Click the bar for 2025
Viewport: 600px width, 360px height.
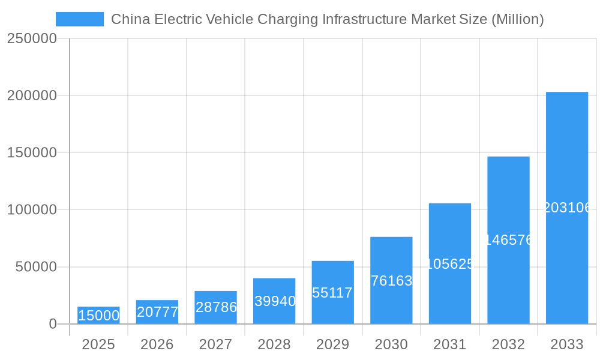pos(98,316)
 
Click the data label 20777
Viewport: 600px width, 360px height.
pos(157,312)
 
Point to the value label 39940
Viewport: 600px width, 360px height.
pos(275,301)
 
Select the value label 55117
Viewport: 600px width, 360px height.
pos(332,293)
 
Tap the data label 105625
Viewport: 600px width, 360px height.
pos(450,264)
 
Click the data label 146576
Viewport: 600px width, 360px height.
pos(509,240)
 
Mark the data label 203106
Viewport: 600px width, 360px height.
pos(567,208)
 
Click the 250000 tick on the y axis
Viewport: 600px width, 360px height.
pos(32,38)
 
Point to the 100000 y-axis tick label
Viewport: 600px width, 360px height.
pos(32,210)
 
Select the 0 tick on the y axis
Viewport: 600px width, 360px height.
pos(52,324)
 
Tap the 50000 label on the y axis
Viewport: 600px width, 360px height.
pos(36,267)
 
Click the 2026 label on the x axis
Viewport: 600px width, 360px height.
pos(157,344)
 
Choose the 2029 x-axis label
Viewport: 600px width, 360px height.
pos(332,344)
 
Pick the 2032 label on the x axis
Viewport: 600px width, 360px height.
pos(508,344)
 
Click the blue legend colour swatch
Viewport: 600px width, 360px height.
pos(80,19)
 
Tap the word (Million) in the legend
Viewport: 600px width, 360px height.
pos(518,19)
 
